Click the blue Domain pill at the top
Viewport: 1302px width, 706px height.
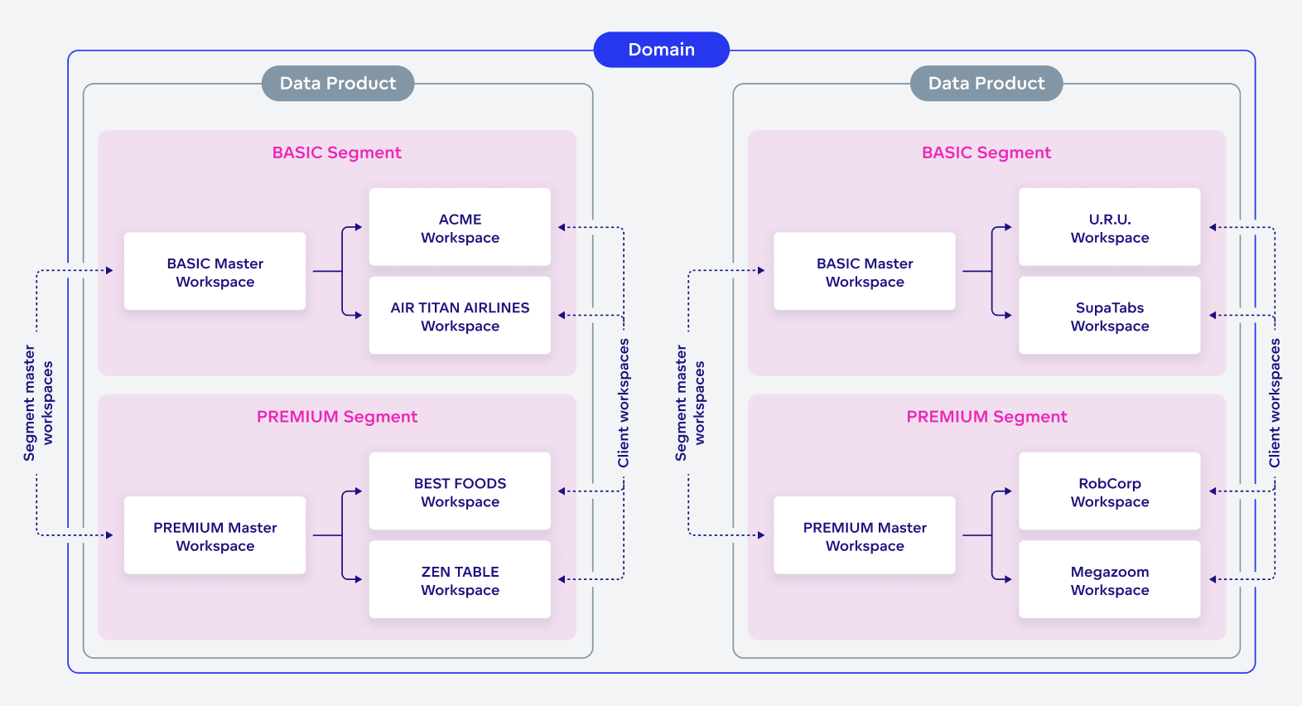point(661,50)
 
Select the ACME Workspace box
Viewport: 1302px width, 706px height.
point(460,228)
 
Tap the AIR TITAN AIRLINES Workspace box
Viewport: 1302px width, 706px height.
point(460,316)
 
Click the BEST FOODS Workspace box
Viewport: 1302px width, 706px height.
point(460,491)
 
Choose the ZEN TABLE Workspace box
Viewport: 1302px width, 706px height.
point(460,580)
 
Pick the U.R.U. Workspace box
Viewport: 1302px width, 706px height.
point(1109,228)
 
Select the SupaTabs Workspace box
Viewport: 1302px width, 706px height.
point(1109,316)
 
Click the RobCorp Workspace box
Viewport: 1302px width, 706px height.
point(1109,491)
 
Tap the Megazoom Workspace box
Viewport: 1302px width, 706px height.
point(1109,580)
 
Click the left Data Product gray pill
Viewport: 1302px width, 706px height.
point(338,84)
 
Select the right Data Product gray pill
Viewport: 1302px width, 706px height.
point(986,84)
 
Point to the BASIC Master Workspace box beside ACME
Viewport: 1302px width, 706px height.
point(215,272)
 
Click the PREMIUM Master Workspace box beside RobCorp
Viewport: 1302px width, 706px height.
point(864,535)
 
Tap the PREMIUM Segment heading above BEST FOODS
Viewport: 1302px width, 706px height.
point(337,417)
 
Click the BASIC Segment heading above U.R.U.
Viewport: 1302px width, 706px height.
point(986,152)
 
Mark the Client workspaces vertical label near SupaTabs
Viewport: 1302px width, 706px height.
point(1275,403)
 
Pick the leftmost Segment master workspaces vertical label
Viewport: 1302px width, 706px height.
point(38,403)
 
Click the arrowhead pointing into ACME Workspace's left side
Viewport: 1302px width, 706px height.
point(358,227)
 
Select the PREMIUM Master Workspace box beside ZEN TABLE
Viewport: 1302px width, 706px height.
point(215,535)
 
